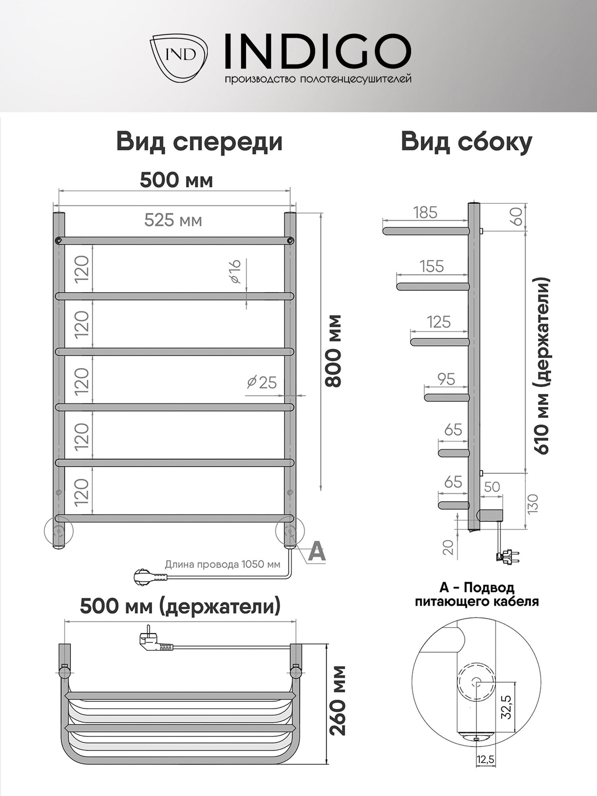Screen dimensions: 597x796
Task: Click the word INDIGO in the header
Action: (x=318, y=51)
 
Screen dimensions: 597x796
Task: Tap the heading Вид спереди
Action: (x=199, y=142)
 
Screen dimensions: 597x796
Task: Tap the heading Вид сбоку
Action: (x=466, y=142)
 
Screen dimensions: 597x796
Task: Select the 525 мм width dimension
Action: (x=173, y=220)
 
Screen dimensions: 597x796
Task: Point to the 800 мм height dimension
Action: (x=334, y=350)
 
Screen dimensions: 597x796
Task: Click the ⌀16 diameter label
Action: (x=236, y=271)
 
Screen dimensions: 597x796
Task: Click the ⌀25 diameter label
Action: (x=262, y=382)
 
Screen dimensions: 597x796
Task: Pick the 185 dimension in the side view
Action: (x=425, y=213)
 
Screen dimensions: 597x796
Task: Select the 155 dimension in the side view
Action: (x=432, y=266)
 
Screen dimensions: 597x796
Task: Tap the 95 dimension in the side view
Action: (x=446, y=379)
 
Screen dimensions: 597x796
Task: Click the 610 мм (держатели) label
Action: (x=542, y=366)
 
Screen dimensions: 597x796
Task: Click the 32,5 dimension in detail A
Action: (x=506, y=706)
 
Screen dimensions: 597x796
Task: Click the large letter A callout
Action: (x=317, y=552)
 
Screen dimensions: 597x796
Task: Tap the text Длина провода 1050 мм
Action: (x=222, y=564)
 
